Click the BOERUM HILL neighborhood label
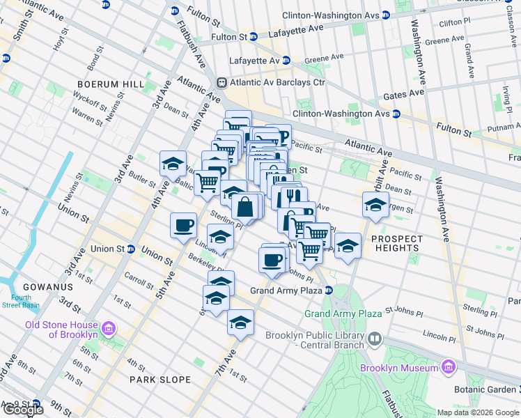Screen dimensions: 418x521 click(111, 84)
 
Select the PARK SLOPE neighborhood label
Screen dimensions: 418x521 click(160, 380)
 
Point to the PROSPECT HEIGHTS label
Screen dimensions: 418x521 click(396, 242)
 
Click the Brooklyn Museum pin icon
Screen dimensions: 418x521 click(448, 366)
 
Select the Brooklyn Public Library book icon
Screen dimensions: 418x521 click(375, 339)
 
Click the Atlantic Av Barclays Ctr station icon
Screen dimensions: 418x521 click(222, 82)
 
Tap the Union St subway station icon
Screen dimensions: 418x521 click(131, 249)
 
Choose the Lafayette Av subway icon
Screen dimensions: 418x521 click(285, 61)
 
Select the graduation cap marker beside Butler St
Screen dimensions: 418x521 click(173, 164)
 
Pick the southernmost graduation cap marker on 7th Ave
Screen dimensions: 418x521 click(240, 323)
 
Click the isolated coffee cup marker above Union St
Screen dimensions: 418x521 click(184, 224)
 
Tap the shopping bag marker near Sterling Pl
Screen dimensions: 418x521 click(246, 207)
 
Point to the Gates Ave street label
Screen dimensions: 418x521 click(407, 93)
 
